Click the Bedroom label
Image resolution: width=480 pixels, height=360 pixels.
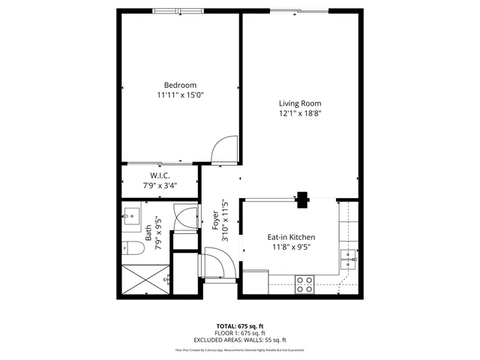(180, 85)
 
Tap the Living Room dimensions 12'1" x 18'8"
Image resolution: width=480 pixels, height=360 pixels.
(300, 114)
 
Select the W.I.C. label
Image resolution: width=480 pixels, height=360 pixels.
(159, 175)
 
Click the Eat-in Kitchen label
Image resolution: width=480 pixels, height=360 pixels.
(291, 237)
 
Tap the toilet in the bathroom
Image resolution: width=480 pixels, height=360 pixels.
(130, 249)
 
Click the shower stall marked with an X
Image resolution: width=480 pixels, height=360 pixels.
(142, 280)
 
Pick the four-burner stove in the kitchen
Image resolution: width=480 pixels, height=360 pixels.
(304, 283)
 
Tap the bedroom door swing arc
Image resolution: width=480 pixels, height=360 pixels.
(223, 151)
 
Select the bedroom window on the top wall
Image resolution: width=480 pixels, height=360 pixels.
(177, 10)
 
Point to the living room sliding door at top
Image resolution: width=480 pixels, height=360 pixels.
(298, 10)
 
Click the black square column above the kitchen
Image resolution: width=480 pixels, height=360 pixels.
(302, 199)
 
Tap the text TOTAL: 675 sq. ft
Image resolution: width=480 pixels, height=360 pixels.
(240, 326)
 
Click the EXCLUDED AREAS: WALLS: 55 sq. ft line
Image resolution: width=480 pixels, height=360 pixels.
(240, 340)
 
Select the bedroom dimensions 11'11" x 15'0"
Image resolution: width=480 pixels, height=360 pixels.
(180, 95)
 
